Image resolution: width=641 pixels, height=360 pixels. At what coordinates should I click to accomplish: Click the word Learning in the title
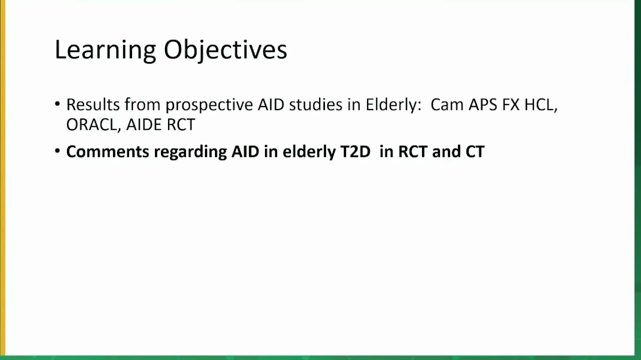pos(105,50)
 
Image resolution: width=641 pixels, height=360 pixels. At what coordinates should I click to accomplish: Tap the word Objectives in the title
pos(225,50)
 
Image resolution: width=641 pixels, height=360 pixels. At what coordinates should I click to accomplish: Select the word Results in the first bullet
pos(93,104)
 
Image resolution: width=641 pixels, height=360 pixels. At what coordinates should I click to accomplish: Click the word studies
pos(315,104)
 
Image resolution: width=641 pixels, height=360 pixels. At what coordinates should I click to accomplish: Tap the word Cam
pos(447,104)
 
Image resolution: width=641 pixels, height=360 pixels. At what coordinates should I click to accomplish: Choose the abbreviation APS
pos(483,104)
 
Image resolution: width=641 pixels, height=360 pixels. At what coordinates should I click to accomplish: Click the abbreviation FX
pos(511,104)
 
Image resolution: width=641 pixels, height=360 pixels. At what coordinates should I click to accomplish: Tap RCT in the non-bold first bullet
pos(181,124)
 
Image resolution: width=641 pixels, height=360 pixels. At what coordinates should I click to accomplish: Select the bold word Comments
pos(107,151)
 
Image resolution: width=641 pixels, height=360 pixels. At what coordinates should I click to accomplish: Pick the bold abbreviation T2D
pos(355,151)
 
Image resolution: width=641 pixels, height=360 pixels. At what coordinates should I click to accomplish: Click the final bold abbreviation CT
pos(475,151)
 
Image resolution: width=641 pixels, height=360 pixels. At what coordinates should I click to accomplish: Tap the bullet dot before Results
pos(57,103)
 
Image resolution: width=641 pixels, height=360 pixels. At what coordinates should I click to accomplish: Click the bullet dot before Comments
pos(57,150)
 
